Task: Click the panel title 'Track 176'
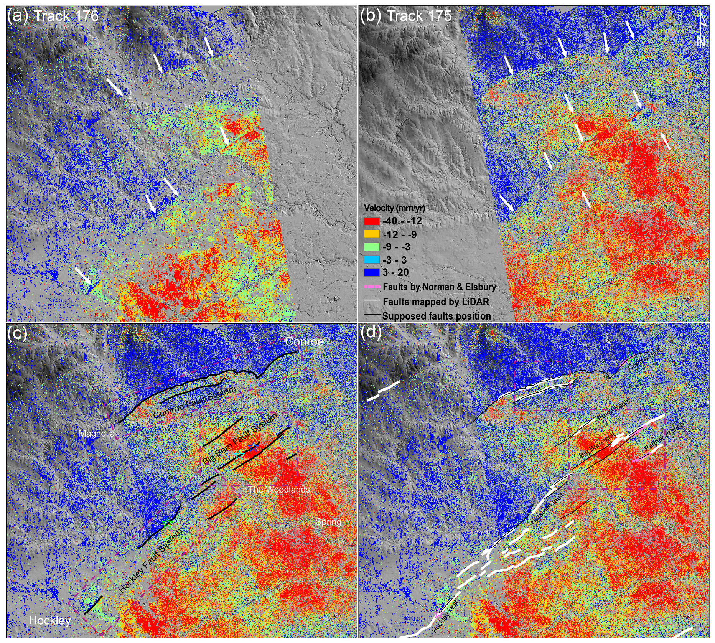[66, 16]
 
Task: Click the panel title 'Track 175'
[419, 16]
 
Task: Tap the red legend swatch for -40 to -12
[371, 221]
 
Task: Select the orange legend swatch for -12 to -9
[371, 234]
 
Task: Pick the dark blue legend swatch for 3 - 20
[371, 272]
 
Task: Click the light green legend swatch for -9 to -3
[371, 247]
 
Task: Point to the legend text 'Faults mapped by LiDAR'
[436, 302]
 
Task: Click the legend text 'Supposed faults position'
[437, 316]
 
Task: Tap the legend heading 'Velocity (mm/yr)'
[394, 208]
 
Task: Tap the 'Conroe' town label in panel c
[304, 341]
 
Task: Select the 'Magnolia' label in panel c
[97, 434]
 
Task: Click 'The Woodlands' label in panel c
[279, 490]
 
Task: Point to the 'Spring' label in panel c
[328, 522]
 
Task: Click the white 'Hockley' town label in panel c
[50, 620]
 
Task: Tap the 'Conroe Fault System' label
[194, 402]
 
